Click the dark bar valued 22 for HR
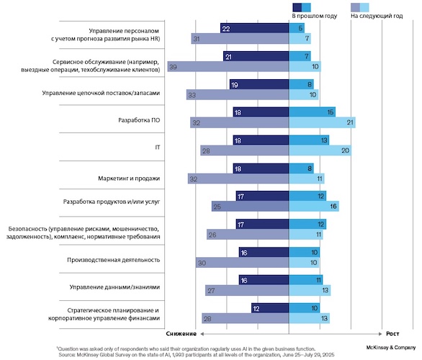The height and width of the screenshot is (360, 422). click(x=254, y=28)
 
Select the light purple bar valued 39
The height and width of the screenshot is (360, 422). click(x=227, y=66)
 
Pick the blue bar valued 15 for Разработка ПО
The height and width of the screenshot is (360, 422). click(x=312, y=112)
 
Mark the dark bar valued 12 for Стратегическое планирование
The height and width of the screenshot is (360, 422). click(x=270, y=307)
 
